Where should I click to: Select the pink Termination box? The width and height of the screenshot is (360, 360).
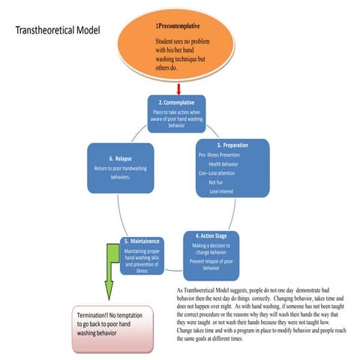coord(117,327)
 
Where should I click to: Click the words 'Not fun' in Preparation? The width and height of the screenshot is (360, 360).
coord(216,182)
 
